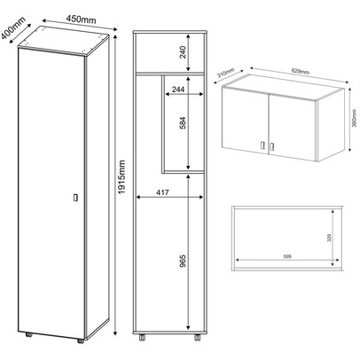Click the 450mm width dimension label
coord(81,19)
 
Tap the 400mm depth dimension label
coord(13,27)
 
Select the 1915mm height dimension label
coord(121,177)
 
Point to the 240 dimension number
coord(183,52)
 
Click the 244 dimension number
coord(178,90)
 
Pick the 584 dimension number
coord(184,123)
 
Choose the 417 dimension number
coord(162,192)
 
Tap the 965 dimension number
coord(183,261)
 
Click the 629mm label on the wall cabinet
coord(301,71)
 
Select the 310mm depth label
coord(226,73)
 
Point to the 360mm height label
coord(355,118)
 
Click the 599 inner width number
coord(287,256)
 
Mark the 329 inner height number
coord(330,238)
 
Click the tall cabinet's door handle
coord(75,198)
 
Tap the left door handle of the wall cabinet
coord(262,145)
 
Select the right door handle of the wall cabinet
coord(272,146)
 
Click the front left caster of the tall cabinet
coord(29,335)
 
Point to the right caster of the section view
coord(197,338)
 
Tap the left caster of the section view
coord(142,338)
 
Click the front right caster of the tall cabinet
coord(81,340)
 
